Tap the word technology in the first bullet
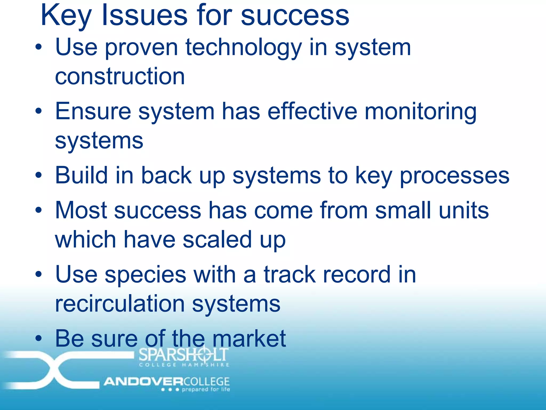243,48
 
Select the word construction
120,77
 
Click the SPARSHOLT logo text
183,354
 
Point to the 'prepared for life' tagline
206,389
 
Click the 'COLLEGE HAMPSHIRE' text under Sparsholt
184,365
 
